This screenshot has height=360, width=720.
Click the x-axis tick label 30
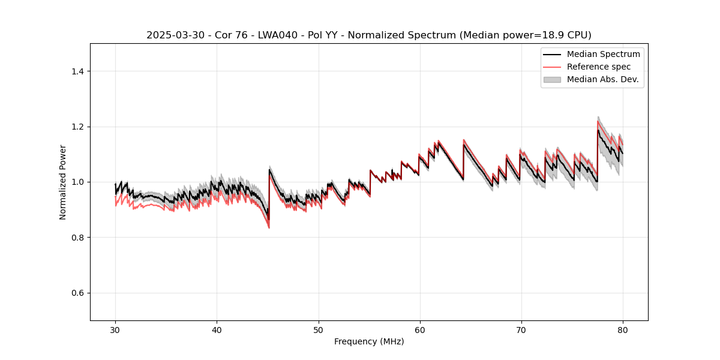tap(115, 330)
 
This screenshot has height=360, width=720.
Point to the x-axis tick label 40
tap(217, 330)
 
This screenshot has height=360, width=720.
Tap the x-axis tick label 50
tap(318, 330)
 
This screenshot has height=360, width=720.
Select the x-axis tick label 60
tap(419, 330)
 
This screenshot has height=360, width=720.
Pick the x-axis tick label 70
tap(521, 330)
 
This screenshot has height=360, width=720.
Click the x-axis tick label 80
tap(622, 330)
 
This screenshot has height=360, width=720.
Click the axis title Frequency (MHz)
tap(369, 341)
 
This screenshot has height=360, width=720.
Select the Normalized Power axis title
tap(63, 182)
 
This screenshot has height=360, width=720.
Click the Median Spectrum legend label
tap(603, 54)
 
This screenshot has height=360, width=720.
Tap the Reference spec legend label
tap(599, 67)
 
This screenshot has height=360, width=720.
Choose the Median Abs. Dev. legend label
tap(603, 79)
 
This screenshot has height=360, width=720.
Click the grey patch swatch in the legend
tap(552, 79)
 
